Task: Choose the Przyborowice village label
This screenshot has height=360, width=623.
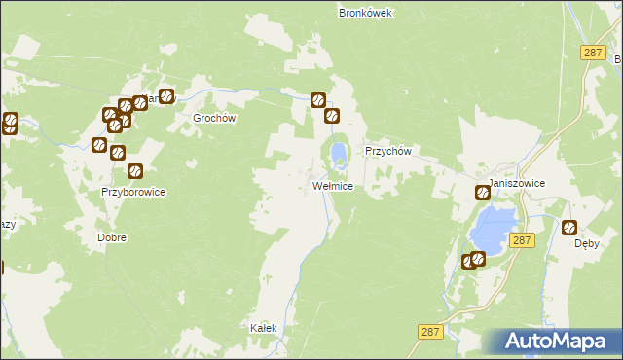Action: coord(133,192)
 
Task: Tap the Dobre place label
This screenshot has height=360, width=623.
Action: coord(112,237)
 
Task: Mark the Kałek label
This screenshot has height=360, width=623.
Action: coord(264,328)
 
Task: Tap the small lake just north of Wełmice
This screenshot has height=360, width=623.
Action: coord(337,154)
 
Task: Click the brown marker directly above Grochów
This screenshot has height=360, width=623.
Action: coord(166,96)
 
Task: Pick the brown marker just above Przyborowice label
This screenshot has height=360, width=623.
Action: coord(135,171)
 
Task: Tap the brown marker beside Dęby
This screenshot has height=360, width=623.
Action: coord(570,227)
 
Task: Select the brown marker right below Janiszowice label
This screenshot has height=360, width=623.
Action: coord(482,193)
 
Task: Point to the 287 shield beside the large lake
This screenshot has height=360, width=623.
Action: coord(522,239)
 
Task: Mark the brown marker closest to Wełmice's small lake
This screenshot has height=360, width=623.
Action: coord(332,116)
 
